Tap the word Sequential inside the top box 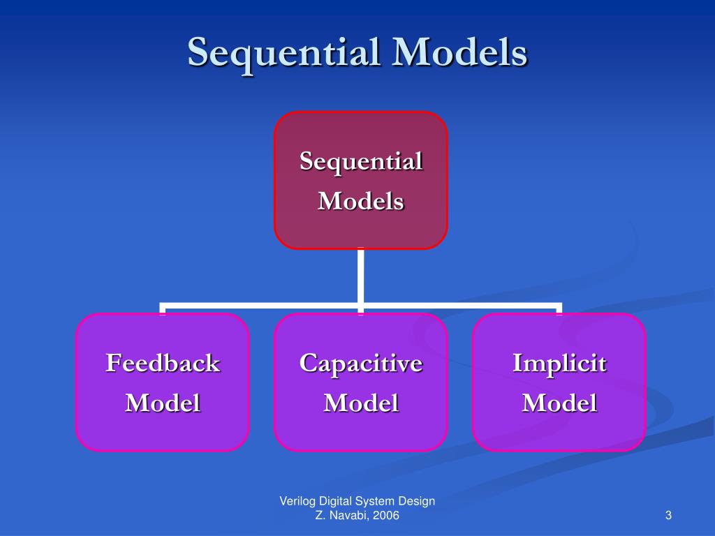[361, 161]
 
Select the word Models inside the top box [361, 202]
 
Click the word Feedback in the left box [163, 363]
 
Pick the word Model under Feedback [163, 403]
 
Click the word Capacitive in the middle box [361, 363]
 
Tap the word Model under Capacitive [361, 403]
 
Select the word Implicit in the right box [559, 363]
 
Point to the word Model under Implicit [559, 403]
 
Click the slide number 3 [668, 516]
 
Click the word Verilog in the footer [296, 501]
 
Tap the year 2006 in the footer [386, 516]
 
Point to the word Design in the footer [417, 501]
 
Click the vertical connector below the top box [361, 276]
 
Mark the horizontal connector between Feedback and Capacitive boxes [262, 306]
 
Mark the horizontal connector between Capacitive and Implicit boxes [461, 306]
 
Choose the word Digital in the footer [334, 501]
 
